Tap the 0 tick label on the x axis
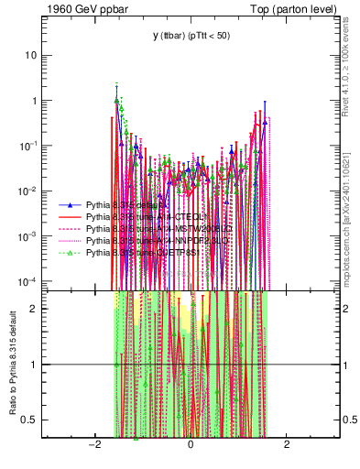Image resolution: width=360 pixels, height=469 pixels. [x=190, y=445]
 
